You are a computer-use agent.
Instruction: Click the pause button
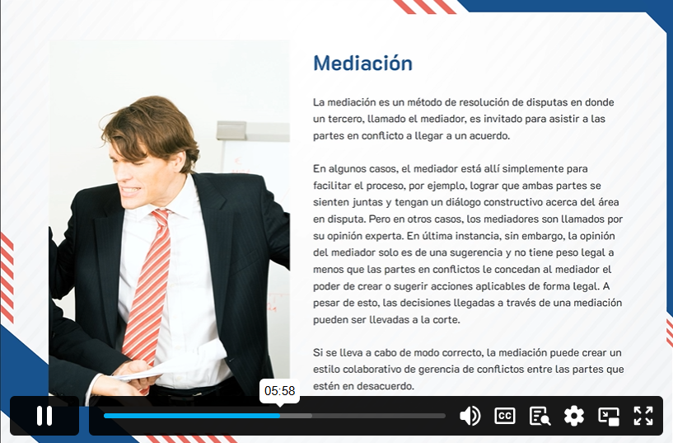coord(44,416)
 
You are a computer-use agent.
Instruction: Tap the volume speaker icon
coord(470,416)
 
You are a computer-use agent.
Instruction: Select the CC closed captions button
coord(505,416)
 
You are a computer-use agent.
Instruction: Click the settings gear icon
coord(574,416)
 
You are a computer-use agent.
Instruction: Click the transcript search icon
coord(540,416)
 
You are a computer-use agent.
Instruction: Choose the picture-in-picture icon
coord(609,416)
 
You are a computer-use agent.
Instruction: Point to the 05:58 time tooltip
coord(279,391)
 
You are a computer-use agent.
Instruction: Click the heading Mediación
coord(362,64)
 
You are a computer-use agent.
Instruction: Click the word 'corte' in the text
coord(448,320)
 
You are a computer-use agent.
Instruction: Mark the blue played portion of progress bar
coord(192,416)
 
